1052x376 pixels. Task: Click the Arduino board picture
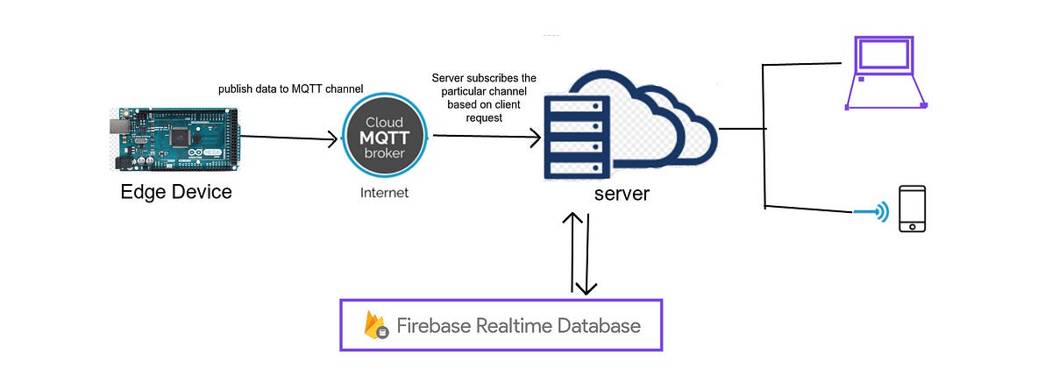pyautogui.click(x=175, y=138)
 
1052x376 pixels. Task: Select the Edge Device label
pyautogui.click(x=176, y=192)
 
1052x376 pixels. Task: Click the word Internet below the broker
pyautogui.click(x=384, y=193)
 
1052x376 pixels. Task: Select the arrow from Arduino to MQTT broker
pyautogui.click(x=289, y=137)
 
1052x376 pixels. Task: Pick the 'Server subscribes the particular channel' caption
pyautogui.click(x=485, y=98)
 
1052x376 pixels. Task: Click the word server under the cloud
pyautogui.click(x=622, y=193)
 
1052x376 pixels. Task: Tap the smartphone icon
pyautogui.click(x=912, y=209)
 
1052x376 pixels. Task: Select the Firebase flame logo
pyautogui.click(x=377, y=325)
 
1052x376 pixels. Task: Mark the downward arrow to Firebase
pyautogui.click(x=587, y=254)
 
